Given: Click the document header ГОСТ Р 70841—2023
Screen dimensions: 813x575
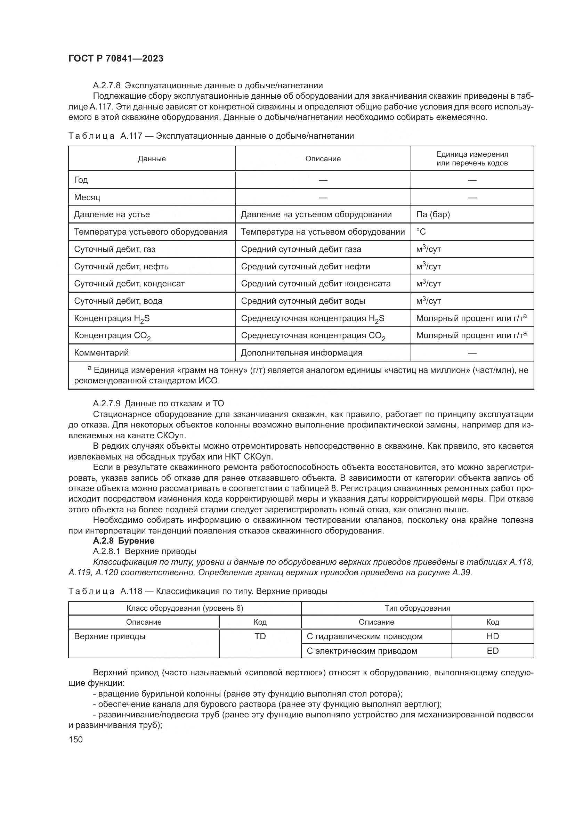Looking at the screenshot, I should pos(116,59).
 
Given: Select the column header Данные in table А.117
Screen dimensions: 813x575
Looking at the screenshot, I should pos(152,159).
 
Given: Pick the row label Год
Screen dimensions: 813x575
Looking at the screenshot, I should pos(81,180).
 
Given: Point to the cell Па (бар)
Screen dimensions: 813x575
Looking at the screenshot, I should pos(433,214).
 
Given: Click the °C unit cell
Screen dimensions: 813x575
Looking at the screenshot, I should pos(421,232).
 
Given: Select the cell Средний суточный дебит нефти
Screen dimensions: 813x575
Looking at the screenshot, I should pos(305,267).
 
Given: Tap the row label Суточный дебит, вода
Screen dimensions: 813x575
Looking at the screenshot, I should pos(118,301).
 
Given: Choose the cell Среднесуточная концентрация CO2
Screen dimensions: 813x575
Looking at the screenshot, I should pos(313,336).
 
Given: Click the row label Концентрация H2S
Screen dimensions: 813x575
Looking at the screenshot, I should pos(112,319).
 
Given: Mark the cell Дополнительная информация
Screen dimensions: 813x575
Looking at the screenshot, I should pos(301,353).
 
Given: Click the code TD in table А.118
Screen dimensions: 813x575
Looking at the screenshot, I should pos(260,636).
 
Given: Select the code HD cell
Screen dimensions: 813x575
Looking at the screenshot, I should pos(492,636).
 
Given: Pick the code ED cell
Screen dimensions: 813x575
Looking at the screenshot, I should pos(492,651).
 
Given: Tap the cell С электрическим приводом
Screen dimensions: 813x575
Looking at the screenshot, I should pos(362,651).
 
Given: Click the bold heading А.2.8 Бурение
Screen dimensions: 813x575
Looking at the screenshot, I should pos(123,541).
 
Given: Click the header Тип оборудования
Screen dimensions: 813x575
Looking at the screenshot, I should pos(417,608).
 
